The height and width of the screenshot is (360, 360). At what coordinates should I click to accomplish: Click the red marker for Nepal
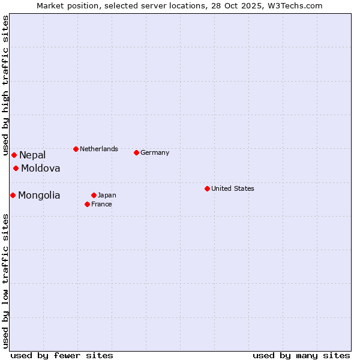coord(14,155)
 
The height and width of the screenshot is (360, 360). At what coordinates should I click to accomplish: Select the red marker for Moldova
coord(16,168)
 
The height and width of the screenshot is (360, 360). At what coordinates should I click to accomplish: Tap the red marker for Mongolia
coord(13,195)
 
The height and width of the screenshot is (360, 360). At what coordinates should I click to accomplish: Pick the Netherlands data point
coord(76,149)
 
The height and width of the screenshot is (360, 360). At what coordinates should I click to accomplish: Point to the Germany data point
coord(136,152)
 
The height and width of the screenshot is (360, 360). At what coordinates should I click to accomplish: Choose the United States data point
coord(207,188)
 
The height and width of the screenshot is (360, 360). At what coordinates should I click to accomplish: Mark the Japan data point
coord(94,195)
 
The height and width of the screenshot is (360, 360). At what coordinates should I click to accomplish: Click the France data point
coord(87,204)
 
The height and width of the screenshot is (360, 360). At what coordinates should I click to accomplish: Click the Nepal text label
coord(32,155)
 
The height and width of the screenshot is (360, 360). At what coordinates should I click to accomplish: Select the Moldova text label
coord(40,168)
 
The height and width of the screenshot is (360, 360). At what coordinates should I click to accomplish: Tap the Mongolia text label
coord(39,195)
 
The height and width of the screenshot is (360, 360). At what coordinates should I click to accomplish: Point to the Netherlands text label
coord(99,149)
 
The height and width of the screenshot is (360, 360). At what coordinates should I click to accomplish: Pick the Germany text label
coord(155,152)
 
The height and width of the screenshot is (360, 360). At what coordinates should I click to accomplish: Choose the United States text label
coord(233,188)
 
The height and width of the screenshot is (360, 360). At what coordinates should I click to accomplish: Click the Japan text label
coord(107,195)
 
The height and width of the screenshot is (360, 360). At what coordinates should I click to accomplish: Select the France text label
coord(101,204)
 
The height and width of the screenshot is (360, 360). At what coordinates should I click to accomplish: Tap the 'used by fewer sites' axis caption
coord(62,355)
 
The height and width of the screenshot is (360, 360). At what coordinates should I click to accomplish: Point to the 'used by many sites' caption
coord(301,355)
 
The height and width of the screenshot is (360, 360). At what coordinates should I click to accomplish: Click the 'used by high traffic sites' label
coord(5,85)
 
